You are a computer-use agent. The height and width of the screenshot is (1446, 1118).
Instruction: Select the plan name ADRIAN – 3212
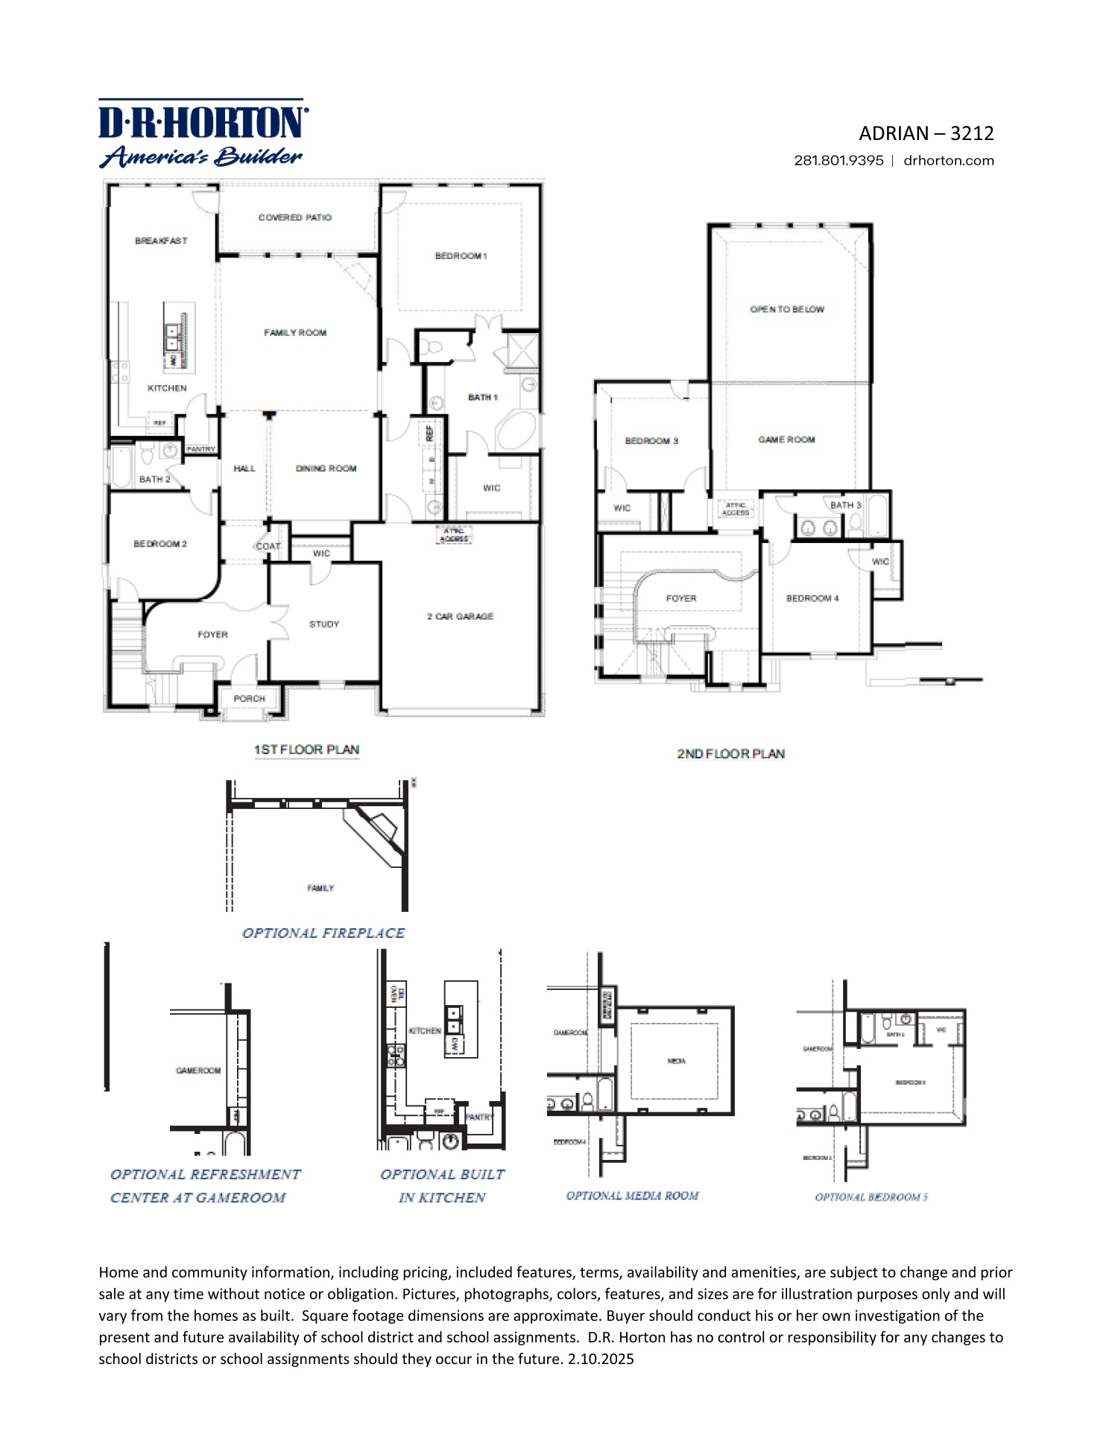[926, 133]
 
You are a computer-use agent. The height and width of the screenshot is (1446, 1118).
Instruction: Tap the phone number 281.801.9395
[838, 160]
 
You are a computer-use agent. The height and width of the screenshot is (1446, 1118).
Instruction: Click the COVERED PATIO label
[295, 218]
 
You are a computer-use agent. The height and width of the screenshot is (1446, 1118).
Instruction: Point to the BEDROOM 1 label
[461, 256]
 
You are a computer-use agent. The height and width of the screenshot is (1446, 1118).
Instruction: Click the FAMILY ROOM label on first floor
[295, 332]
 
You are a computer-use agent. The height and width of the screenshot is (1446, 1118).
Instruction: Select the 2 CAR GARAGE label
[460, 616]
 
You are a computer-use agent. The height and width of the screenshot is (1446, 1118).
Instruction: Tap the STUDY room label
[324, 624]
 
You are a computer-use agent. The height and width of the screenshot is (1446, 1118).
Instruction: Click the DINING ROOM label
[326, 468]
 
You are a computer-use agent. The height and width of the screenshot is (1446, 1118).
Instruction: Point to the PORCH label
[249, 698]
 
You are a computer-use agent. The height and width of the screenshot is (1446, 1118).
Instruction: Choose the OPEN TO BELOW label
[787, 309]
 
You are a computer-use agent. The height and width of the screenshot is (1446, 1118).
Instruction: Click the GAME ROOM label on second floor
[786, 440]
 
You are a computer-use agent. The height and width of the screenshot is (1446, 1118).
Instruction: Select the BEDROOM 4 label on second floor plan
[812, 598]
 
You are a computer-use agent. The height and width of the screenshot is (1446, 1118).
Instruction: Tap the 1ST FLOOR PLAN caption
[306, 749]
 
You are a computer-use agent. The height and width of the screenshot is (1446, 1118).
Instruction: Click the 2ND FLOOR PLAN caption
[730, 754]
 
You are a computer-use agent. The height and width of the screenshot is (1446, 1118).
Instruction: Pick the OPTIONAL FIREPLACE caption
[323, 933]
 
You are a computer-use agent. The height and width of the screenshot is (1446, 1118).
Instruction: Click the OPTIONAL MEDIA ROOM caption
[632, 1196]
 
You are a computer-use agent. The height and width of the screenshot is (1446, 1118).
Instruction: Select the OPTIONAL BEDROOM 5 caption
[871, 1197]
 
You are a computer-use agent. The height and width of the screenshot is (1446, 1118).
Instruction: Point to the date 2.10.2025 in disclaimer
[601, 1359]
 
